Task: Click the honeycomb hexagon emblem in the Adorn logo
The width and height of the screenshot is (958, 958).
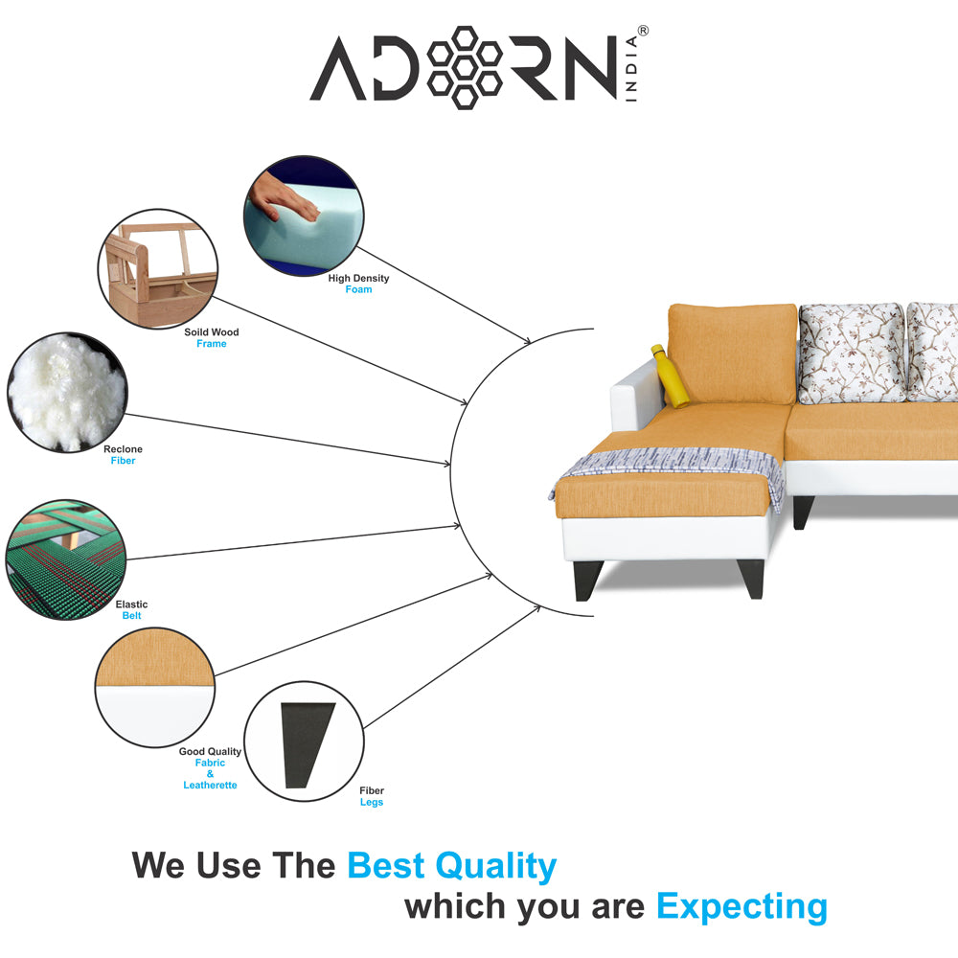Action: pyautogui.click(x=465, y=67)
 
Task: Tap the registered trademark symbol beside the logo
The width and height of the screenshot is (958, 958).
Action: pyautogui.click(x=643, y=31)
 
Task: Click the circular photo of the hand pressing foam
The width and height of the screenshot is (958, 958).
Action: pyautogui.click(x=304, y=215)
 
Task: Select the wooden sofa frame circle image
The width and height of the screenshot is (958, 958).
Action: pyautogui.click(x=158, y=269)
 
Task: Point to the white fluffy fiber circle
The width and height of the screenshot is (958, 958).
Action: pyautogui.click(x=67, y=392)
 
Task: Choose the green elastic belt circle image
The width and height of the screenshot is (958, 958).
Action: pyautogui.click(x=66, y=559)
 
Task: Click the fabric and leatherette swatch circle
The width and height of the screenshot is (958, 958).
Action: pyautogui.click(x=154, y=687)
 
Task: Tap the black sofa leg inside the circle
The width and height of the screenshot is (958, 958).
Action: pyautogui.click(x=307, y=744)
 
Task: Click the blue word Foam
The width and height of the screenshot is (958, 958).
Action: pyautogui.click(x=358, y=289)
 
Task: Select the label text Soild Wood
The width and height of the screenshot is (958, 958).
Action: pyautogui.click(x=212, y=332)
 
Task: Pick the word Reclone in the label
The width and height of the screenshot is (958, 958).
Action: pyautogui.click(x=123, y=449)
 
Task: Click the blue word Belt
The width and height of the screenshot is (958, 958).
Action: pyautogui.click(x=131, y=616)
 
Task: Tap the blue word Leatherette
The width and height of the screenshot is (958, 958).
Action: pyautogui.click(x=210, y=786)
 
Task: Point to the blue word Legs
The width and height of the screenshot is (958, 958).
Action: pyautogui.click(x=372, y=802)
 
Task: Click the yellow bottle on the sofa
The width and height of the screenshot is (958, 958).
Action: pyautogui.click(x=670, y=376)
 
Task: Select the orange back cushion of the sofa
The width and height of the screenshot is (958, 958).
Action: pyautogui.click(x=732, y=354)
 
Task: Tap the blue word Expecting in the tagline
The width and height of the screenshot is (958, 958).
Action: pyautogui.click(x=741, y=907)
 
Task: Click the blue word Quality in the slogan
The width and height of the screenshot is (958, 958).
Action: pyautogui.click(x=495, y=866)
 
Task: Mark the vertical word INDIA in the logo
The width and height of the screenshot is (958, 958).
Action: pyautogui.click(x=631, y=68)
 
